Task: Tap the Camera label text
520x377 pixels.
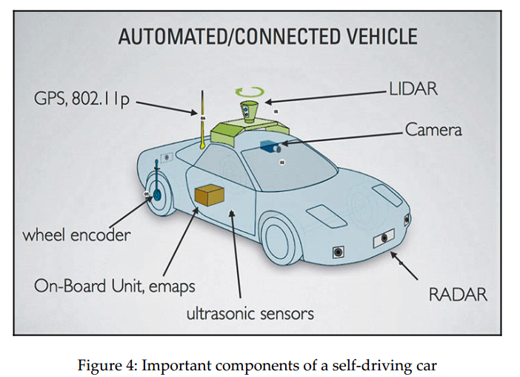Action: [434, 129]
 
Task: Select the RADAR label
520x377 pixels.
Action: [458, 294]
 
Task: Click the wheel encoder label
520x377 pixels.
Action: [76, 235]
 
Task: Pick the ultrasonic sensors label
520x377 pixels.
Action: [250, 312]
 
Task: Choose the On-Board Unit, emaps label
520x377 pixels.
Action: [115, 285]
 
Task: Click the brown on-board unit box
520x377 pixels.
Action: [210, 194]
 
